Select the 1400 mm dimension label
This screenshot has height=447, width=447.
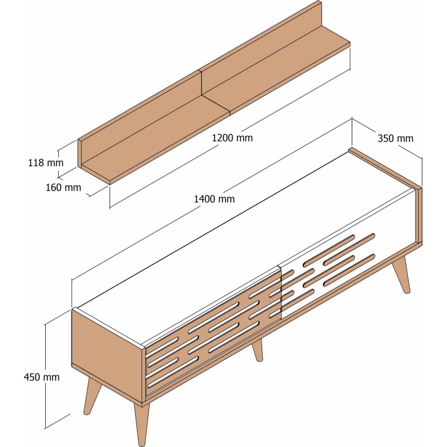tap(214, 198)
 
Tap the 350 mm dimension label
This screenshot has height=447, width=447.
tap(396, 139)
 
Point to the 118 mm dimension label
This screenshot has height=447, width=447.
tap(46, 163)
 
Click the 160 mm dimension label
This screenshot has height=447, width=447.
tap(63, 187)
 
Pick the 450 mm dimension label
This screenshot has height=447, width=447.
tap(41, 377)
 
